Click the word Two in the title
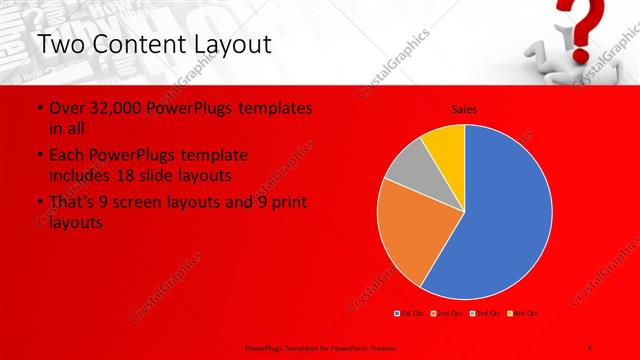coord(63,45)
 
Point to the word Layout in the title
coord(232,45)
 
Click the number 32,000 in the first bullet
coord(114,107)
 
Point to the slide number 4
coord(591,346)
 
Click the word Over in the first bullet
coord(66,107)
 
